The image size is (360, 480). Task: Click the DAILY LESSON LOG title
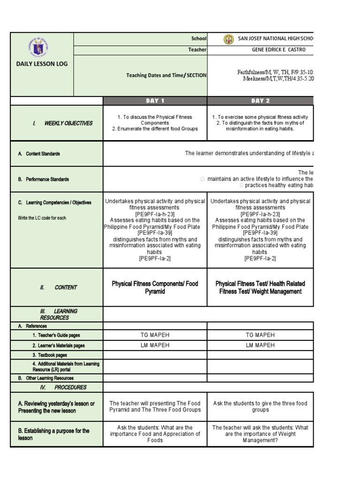(x=42, y=64)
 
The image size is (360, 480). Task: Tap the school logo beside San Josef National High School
(x=229, y=39)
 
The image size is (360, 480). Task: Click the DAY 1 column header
(x=155, y=101)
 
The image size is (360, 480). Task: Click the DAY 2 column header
(x=260, y=101)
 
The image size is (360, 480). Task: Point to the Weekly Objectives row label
(x=62, y=123)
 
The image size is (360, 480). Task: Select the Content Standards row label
(x=43, y=154)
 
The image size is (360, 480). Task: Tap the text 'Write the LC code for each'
(x=42, y=218)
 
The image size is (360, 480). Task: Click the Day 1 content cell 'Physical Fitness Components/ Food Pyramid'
(x=155, y=287)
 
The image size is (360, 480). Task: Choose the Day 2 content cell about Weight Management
(x=260, y=287)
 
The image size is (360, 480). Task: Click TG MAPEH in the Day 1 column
(x=155, y=335)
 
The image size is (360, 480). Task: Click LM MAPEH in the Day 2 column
(x=260, y=345)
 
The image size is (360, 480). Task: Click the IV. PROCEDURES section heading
(x=63, y=388)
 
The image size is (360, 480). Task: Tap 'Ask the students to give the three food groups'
(x=260, y=406)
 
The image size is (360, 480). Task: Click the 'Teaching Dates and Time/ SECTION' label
(x=166, y=75)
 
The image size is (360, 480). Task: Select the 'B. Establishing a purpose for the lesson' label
(x=53, y=434)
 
